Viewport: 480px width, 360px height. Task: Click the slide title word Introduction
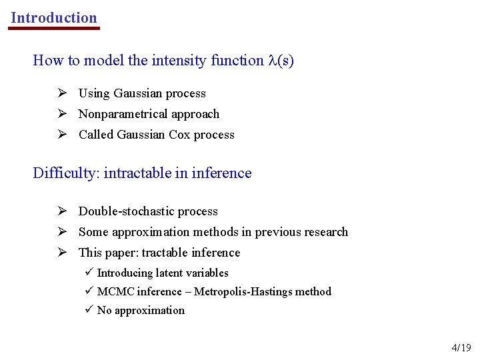coord(54,18)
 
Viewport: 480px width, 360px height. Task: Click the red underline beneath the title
coord(54,28)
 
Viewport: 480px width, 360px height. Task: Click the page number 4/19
coord(461,347)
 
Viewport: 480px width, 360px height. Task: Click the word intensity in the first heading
coord(179,61)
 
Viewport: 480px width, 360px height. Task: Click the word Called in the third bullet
coord(95,135)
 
